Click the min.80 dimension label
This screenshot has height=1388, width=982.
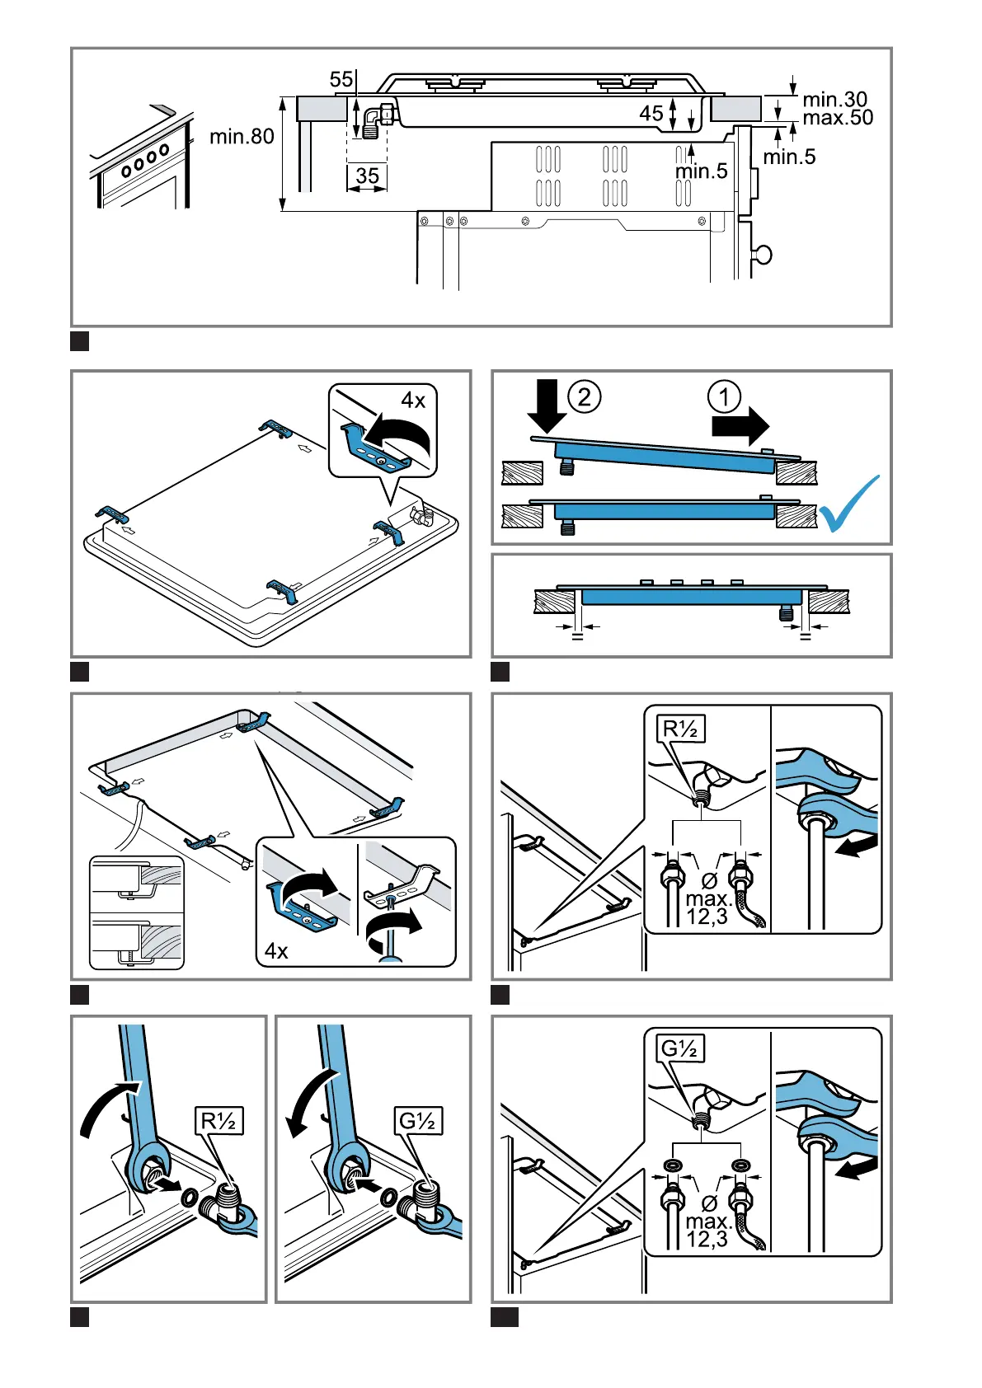tap(242, 136)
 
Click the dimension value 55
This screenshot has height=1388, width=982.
tap(341, 79)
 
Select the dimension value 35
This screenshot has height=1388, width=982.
tap(368, 176)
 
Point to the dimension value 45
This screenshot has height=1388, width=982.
tap(651, 113)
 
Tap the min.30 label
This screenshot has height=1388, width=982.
tap(834, 100)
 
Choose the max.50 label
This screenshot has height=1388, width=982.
tap(838, 118)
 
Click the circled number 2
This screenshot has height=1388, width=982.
tap(584, 397)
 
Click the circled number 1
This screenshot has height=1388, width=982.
tap(724, 397)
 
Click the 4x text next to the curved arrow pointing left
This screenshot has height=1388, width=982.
tap(413, 401)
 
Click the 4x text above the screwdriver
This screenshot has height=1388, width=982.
tap(276, 951)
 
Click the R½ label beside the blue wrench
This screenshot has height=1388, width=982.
tap(219, 1121)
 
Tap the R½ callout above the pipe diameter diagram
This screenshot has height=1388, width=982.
tap(681, 729)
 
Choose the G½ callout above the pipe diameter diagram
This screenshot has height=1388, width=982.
tap(681, 1048)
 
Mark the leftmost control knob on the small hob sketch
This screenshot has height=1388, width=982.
tap(125, 171)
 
